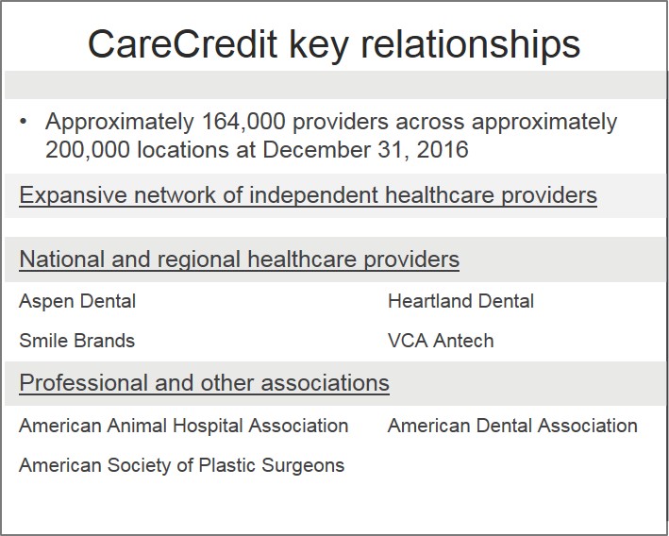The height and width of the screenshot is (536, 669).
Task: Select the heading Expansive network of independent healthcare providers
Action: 308,195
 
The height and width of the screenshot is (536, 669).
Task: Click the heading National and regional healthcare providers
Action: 239,259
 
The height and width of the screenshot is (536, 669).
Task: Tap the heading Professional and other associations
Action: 204,383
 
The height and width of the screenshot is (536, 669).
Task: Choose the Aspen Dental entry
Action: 77,302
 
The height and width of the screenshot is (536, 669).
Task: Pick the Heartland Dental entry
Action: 460,302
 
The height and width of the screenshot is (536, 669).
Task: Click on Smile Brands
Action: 76,341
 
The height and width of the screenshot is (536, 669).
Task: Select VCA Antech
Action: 440,341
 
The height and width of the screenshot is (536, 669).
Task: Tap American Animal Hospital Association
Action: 183,426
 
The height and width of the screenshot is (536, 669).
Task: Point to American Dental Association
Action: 512,426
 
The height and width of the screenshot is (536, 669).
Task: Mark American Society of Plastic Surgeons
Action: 181,465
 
